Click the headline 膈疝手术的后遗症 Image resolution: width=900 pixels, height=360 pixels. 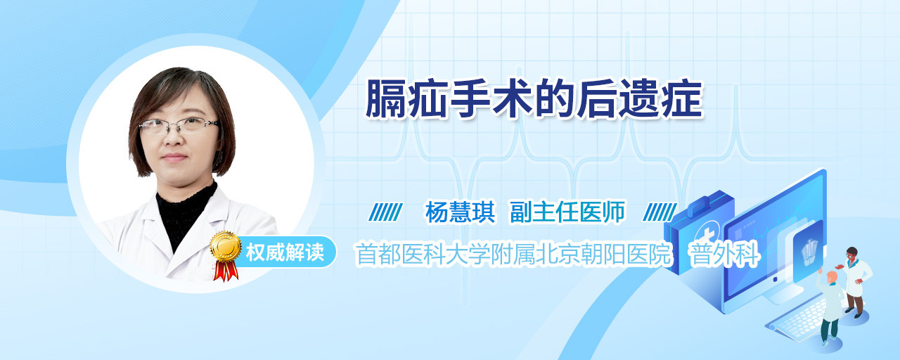(x=534, y=99)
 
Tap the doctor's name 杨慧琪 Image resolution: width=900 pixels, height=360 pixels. (x=460, y=212)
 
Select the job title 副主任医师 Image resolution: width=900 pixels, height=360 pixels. (x=567, y=212)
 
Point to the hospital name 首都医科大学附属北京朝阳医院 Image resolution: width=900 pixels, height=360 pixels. (x=514, y=254)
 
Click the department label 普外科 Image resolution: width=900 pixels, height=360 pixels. (x=724, y=254)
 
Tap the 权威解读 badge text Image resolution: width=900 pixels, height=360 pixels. (x=285, y=252)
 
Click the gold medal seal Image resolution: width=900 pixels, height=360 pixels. (x=226, y=246)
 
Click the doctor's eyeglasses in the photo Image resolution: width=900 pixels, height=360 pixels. (x=178, y=126)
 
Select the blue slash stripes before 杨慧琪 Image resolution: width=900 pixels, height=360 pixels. (x=386, y=212)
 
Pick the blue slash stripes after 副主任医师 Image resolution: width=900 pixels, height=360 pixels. (x=660, y=212)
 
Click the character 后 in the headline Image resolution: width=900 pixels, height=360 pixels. (x=598, y=99)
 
